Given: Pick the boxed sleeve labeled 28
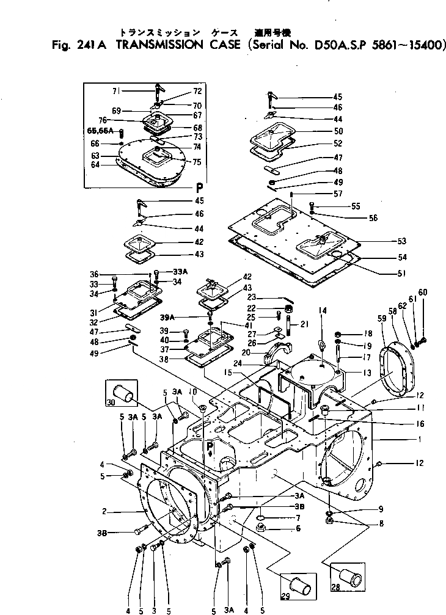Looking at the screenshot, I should [x=346, y=578].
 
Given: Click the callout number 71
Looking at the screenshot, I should [x=115, y=91].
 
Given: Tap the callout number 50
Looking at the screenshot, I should [x=338, y=131].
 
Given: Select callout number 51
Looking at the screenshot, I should [x=402, y=274].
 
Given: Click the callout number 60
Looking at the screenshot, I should [x=423, y=291].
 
